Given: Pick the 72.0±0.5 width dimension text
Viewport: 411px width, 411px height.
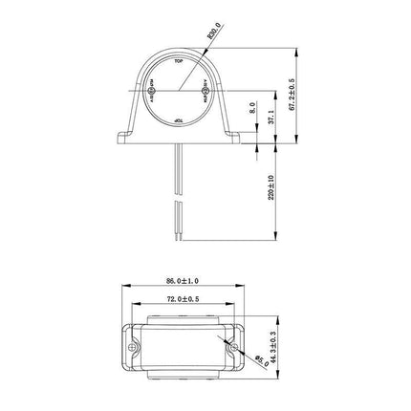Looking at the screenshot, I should pyautogui.click(x=183, y=300).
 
